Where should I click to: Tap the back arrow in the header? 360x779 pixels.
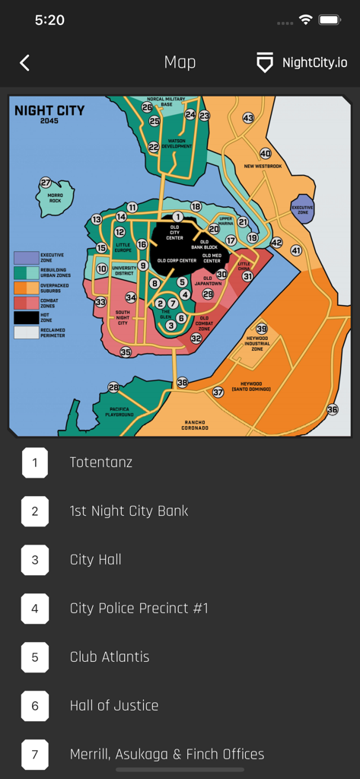[x=25, y=63]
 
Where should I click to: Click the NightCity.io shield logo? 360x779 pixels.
[x=264, y=63]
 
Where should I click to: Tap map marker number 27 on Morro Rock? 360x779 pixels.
[x=46, y=183]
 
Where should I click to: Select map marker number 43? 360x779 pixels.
[x=248, y=118]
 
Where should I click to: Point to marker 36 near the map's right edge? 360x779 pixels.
[x=332, y=409]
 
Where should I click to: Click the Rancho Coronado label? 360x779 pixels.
[x=196, y=425]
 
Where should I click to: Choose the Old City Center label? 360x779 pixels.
[x=175, y=232]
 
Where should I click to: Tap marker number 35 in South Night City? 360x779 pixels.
[x=126, y=352]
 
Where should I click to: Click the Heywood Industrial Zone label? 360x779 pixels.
[x=257, y=343]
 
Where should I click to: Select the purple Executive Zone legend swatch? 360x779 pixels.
[x=25, y=259]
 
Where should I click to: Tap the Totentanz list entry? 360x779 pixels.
[x=101, y=462]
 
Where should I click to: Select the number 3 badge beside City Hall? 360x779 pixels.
[x=35, y=560]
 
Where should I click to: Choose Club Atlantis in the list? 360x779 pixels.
[x=110, y=657]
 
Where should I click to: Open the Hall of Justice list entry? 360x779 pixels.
[x=114, y=705]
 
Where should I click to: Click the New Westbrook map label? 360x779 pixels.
[x=263, y=166]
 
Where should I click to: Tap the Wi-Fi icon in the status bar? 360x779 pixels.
[x=305, y=21]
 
